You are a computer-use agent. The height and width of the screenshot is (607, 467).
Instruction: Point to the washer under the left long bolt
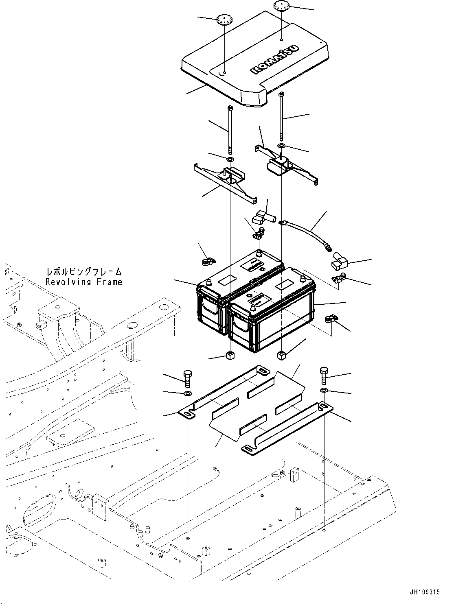click(230, 159)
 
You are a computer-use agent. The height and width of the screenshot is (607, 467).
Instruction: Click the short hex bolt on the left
click(187, 378)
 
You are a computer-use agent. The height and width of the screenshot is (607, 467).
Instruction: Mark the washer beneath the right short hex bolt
click(324, 391)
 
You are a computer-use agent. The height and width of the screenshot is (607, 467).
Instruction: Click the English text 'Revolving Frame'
click(83, 282)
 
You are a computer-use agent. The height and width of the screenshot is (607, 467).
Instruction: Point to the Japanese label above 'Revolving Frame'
click(83, 272)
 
